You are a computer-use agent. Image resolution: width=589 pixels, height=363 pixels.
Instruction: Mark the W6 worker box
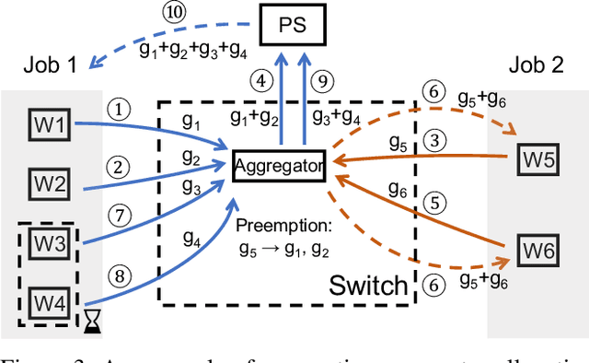pos(540,249)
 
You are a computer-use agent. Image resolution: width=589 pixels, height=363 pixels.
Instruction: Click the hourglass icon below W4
pos(91,322)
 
